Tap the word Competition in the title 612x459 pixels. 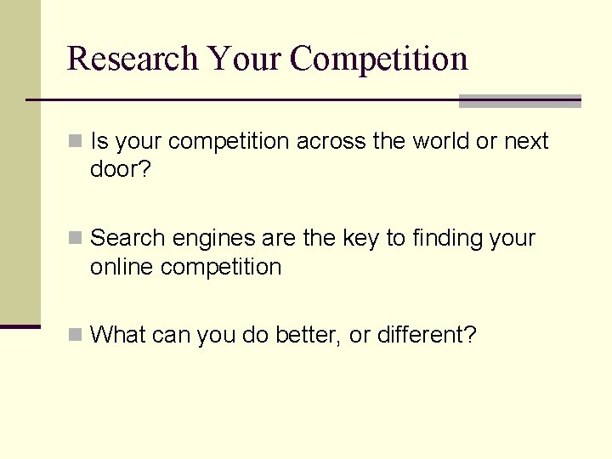click(379, 59)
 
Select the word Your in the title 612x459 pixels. click(246, 59)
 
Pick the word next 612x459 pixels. click(526, 141)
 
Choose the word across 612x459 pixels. click(331, 141)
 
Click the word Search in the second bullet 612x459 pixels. click(126, 238)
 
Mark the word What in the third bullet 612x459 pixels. click(118, 335)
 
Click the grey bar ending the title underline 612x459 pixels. click(519, 101)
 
